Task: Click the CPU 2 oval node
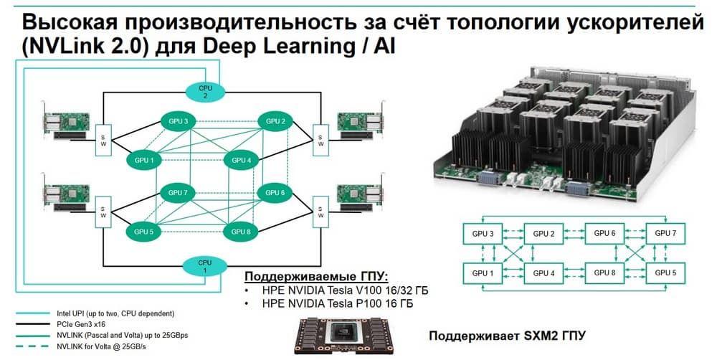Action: pos(205,91)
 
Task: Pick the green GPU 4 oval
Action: pos(242,160)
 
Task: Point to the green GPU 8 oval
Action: pos(241,232)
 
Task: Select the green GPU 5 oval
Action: pos(143,232)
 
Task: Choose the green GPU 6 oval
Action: pos(275,193)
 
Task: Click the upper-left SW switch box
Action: pos(102,140)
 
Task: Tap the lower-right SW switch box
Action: pos(320,212)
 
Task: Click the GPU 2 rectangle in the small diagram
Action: pos(543,234)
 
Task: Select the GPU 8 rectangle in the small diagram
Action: pos(604,273)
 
